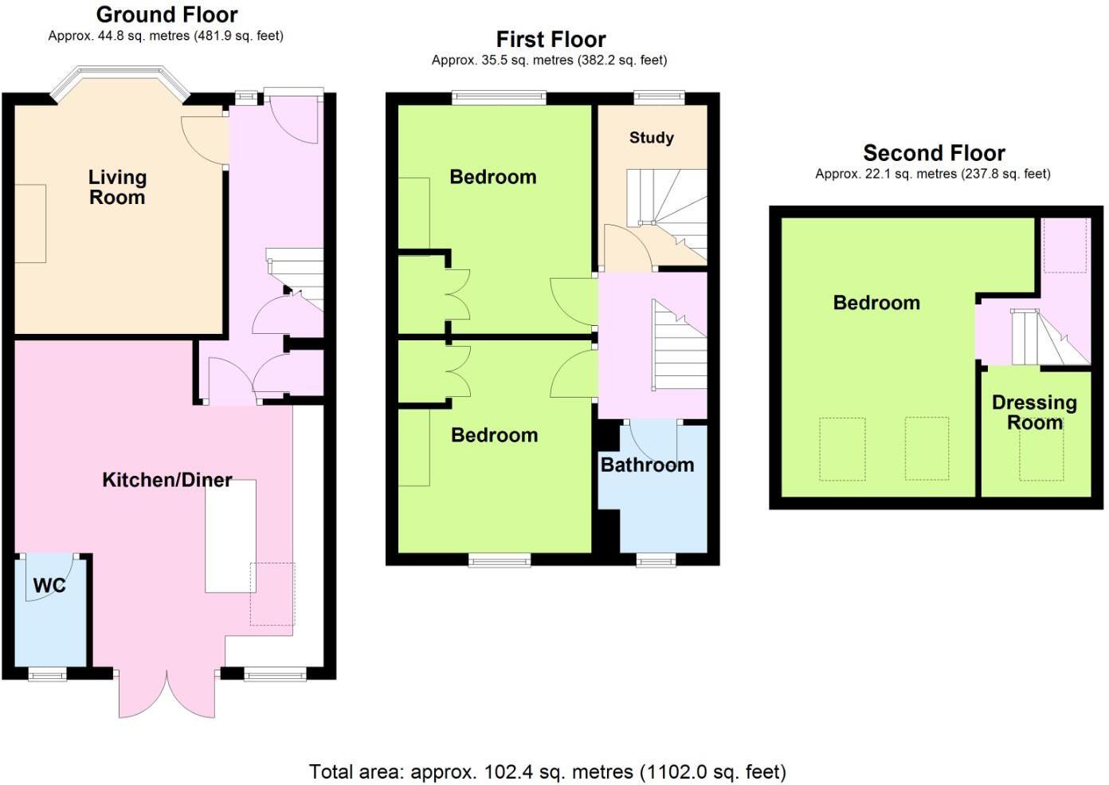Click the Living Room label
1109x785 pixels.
click(117, 187)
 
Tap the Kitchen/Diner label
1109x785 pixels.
click(167, 480)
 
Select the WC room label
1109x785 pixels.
click(49, 586)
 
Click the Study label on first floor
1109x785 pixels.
click(651, 138)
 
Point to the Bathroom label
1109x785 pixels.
click(647, 465)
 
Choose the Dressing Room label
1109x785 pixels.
click(1034, 412)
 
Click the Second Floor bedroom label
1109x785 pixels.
click(876, 303)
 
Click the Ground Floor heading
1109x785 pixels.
click(167, 14)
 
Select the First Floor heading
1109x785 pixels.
click(551, 39)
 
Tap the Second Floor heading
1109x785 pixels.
click(934, 153)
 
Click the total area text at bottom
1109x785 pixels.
click(547, 771)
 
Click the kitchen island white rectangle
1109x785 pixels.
click(230, 536)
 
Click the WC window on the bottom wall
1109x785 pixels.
click(47, 675)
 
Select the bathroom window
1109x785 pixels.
click(656, 561)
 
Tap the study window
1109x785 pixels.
click(659, 98)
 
